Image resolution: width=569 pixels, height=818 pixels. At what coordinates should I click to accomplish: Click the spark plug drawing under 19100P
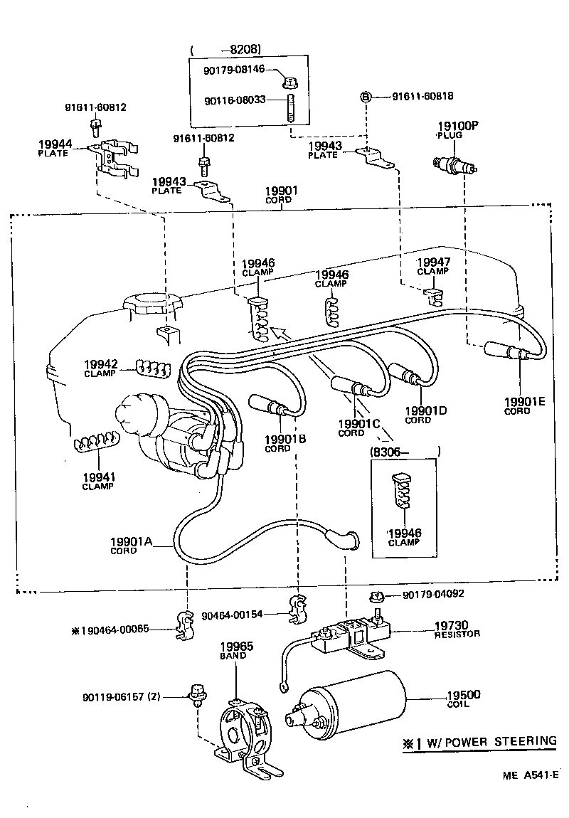tap(455, 166)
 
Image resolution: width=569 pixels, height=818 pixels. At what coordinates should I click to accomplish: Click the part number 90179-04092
tap(433, 594)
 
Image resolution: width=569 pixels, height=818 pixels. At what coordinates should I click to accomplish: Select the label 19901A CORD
tap(132, 546)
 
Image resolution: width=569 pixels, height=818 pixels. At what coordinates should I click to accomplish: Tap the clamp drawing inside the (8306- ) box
tap(403, 492)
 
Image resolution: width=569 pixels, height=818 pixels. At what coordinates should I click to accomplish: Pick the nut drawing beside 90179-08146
tap(290, 81)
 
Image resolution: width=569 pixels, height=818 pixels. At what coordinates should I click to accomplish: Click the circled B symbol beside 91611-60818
tap(366, 96)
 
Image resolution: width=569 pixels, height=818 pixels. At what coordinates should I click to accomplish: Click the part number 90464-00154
tap(232, 615)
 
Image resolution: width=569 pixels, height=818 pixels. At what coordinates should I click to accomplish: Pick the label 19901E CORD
tap(525, 406)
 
